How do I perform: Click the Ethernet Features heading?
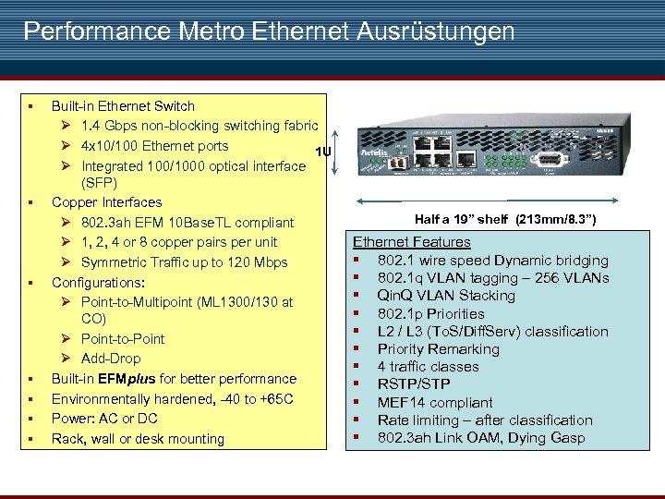pos(411,242)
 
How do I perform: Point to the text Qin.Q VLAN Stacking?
pos(445,296)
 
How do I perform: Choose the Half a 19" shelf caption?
pos(505,220)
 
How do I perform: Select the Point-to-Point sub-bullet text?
pos(123,338)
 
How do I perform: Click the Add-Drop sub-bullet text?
pos(111,359)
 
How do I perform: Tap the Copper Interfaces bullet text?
pos(106,202)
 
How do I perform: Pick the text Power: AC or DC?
pos(104,419)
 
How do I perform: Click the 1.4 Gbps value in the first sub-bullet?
pos(107,126)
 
